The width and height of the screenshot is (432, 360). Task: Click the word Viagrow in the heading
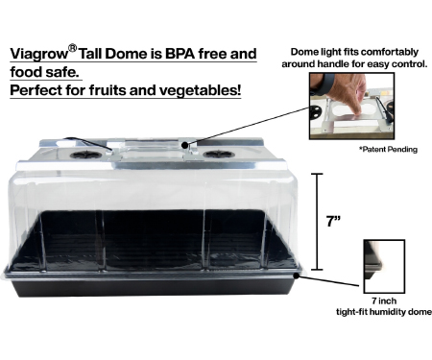coord(39,54)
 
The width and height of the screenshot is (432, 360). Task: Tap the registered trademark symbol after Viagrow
coord(73,48)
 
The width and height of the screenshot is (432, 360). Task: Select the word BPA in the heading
coord(180,54)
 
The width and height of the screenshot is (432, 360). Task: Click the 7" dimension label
coord(333,221)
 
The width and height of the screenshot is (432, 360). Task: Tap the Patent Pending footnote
coord(388,150)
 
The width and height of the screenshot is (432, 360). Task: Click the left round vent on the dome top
coord(85,155)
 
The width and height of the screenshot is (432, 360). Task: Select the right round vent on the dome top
coord(219,155)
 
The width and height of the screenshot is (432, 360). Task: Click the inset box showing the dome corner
coord(384,266)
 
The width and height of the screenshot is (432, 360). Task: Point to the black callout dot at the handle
coord(184,145)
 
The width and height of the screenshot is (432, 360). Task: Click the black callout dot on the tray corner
coord(297,275)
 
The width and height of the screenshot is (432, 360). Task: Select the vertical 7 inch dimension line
coord(317,222)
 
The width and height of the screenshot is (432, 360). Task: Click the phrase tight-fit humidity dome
coord(384,312)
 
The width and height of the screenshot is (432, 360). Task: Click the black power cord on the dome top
coord(88,143)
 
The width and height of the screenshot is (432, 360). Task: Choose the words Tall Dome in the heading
coord(113,54)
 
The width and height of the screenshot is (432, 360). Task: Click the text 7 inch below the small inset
coord(384,300)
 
